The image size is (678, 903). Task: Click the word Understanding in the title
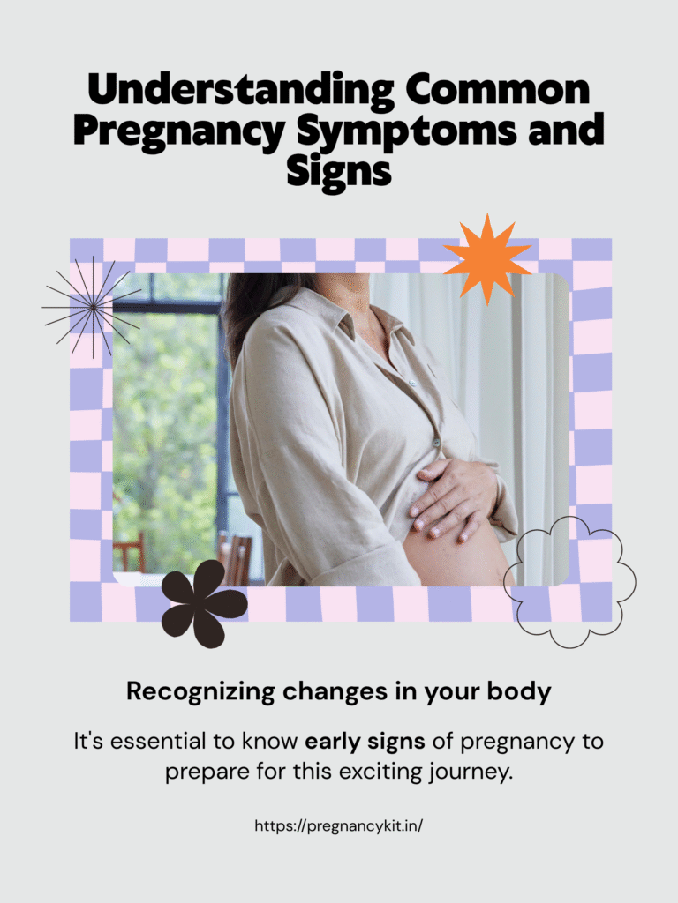[x=241, y=91]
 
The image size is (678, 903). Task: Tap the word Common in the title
[x=498, y=89]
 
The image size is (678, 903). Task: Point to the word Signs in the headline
[x=339, y=172]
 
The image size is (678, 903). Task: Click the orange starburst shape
[x=487, y=260]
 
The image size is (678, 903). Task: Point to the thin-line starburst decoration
[x=92, y=307]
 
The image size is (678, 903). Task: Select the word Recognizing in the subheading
[x=200, y=691]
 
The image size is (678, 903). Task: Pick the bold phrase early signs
[x=365, y=741]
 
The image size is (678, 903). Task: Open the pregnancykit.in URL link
[x=339, y=825]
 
